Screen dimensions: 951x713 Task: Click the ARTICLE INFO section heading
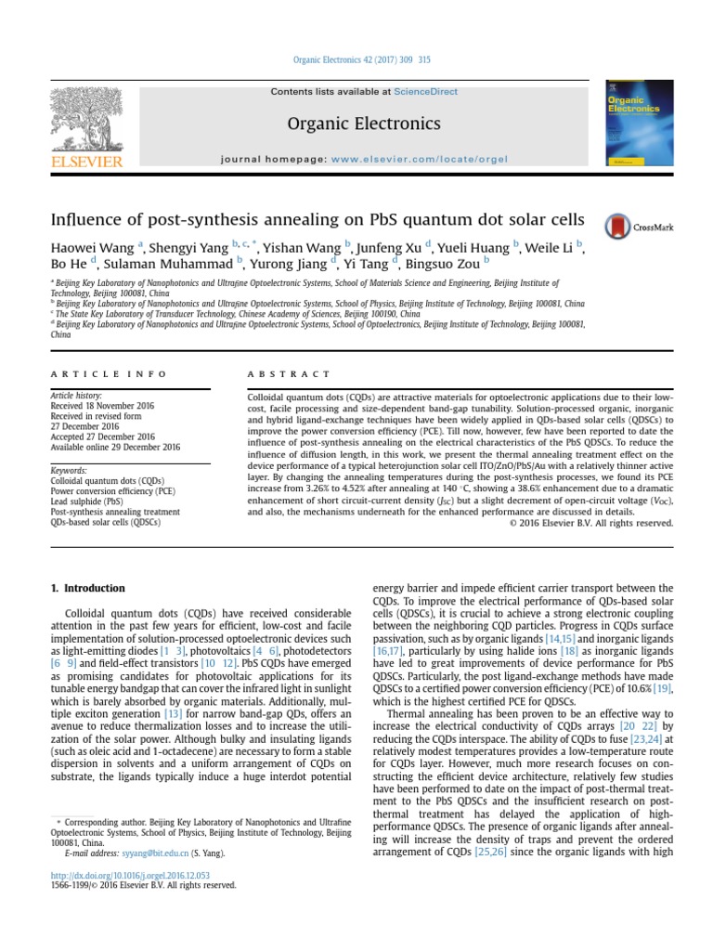[x=110, y=373]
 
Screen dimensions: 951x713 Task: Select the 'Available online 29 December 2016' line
[x=114, y=446]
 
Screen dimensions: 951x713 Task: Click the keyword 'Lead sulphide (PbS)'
[x=85, y=502]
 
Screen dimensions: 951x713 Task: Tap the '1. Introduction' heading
[x=87, y=588]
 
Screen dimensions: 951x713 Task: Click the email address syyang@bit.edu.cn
[x=160, y=852]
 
